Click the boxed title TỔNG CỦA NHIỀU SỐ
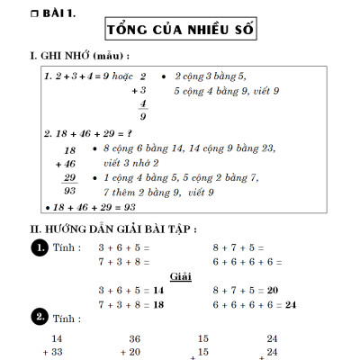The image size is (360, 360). (x=180, y=30)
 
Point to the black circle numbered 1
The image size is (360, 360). (x=40, y=247)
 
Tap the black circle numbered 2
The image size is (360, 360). (x=40, y=317)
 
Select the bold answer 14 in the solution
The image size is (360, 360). (x=158, y=290)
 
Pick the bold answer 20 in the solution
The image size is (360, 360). (x=273, y=290)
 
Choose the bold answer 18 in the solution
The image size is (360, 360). (x=158, y=305)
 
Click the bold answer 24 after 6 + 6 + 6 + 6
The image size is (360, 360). (x=290, y=305)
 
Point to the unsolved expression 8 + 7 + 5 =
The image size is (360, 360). (x=238, y=247)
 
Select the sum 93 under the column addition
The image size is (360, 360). (x=69, y=192)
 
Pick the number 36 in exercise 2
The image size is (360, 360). (x=135, y=338)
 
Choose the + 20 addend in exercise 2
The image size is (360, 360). (x=130, y=352)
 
